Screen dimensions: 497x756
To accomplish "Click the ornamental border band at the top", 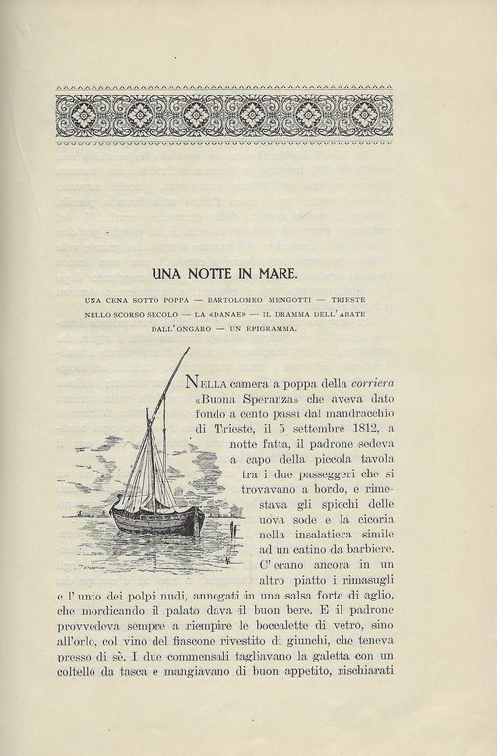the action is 224,114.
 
